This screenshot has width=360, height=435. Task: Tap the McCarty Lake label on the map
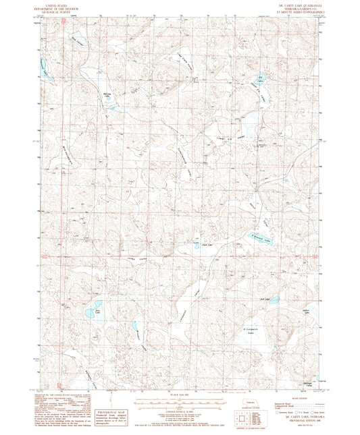click(105, 96)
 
